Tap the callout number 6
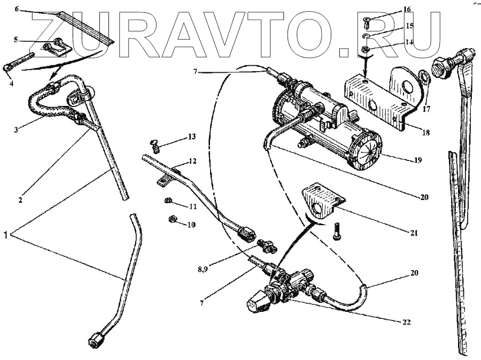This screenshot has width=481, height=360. click(16, 10)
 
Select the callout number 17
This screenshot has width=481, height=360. click(426, 111)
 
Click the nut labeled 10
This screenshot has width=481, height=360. click(173, 218)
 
